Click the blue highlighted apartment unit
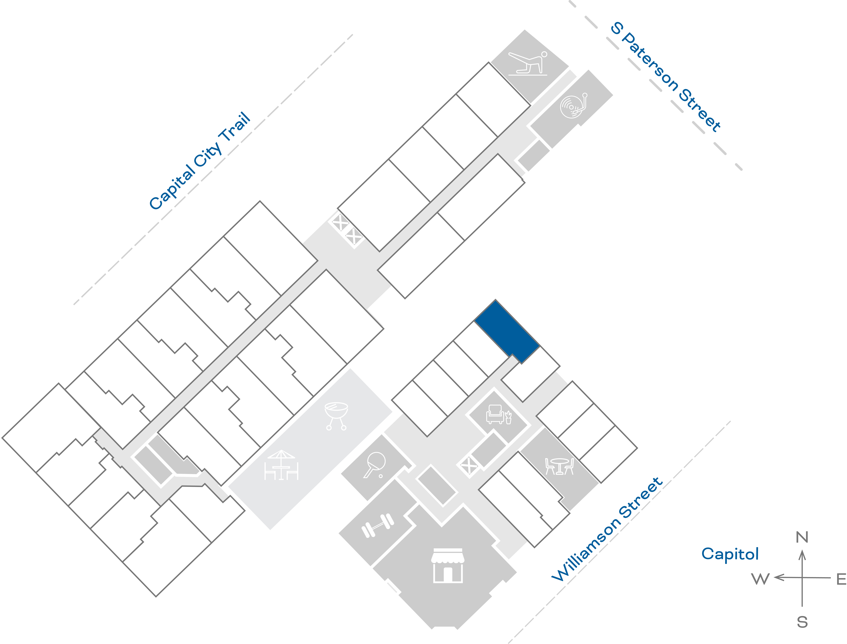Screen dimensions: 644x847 pyautogui.click(x=507, y=331)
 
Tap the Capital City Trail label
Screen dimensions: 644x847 pyautogui.click(x=199, y=161)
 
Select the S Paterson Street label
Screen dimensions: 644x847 pyautogui.click(x=666, y=77)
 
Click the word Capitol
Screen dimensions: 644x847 pyautogui.click(x=730, y=554)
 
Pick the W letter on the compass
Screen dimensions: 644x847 pyautogui.click(x=760, y=579)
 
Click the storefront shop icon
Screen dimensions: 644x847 pyautogui.click(x=448, y=565)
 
